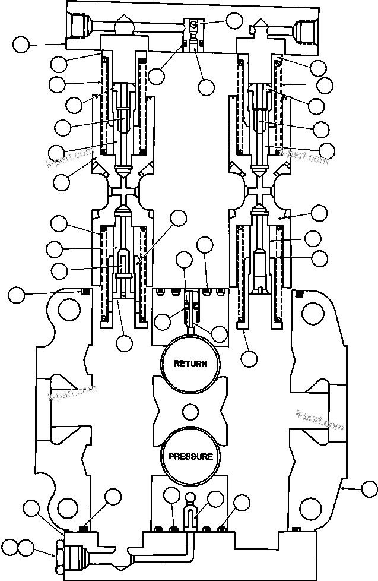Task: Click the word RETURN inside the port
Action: (190, 364)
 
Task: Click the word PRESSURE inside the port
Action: (190, 456)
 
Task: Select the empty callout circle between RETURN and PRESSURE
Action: (190, 411)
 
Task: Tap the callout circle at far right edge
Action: (369, 490)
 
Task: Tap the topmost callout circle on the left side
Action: (22, 43)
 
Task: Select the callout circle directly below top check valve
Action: (206, 87)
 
